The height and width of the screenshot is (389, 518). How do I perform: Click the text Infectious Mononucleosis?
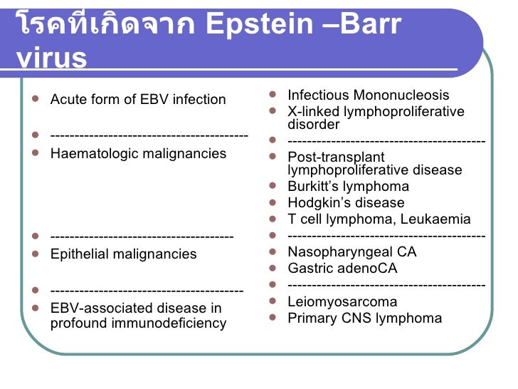tap(368, 95)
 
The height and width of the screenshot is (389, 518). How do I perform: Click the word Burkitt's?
tap(314, 187)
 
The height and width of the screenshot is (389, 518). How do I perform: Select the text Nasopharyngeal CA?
tap(351, 252)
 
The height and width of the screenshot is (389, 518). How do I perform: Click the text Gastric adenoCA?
tap(342, 269)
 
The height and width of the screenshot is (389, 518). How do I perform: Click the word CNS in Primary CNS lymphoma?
tap(356, 318)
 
